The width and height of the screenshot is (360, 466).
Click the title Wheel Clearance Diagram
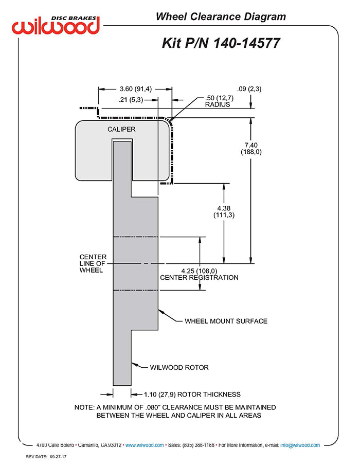(x=221, y=16)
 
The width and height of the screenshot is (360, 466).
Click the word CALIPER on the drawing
(x=121, y=129)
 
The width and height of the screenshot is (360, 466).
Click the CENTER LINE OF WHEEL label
(x=93, y=263)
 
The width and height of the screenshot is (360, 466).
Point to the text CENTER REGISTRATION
(x=199, y=278)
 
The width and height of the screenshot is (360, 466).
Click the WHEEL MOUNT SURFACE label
(x=226, y=321)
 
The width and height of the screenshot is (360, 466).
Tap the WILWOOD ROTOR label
(x=179, y=368)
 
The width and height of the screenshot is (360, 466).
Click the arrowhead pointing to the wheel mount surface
(x=160, y=311)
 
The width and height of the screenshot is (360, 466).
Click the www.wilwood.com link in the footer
(x=145, y=445)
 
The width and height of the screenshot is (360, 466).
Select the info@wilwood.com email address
(x=300, y=445)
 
